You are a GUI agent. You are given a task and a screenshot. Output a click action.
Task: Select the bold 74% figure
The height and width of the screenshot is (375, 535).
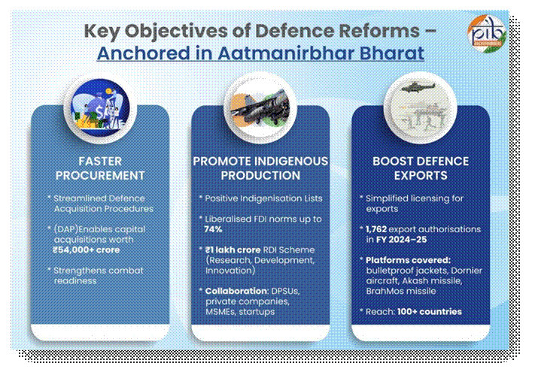(214, 230)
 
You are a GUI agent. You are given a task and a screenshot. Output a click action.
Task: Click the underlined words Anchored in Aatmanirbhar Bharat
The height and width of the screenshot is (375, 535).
(260, 53)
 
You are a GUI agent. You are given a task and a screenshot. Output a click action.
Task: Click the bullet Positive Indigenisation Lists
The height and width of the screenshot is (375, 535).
(261, 198)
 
